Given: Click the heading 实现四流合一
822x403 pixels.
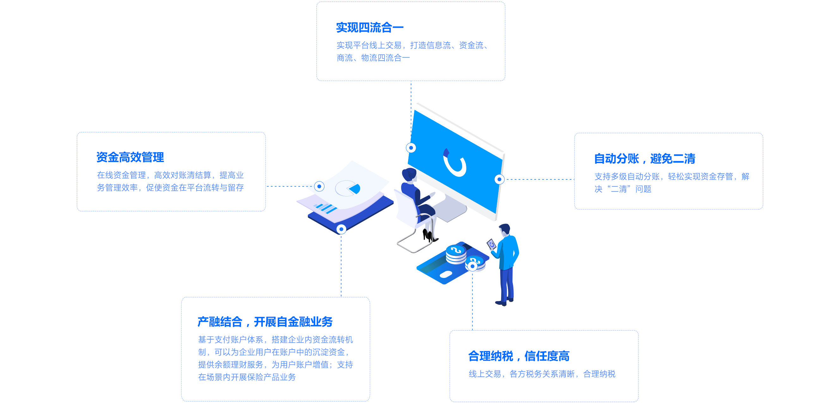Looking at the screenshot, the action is pos(370,28).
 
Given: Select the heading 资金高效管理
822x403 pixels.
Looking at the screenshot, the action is pos(130,157).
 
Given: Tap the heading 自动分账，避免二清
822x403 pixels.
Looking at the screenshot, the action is pos(645,159).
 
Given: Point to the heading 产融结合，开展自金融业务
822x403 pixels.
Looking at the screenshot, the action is pos(265,322).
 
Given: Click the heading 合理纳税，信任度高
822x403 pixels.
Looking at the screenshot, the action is pos(519,356).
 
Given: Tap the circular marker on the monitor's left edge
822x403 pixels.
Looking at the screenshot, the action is pos(411,147).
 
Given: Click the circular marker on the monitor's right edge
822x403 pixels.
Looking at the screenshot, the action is pos(500,179).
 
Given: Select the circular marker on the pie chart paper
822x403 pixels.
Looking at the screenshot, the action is pos(319,186).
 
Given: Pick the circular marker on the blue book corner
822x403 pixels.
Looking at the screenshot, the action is pos(341,229).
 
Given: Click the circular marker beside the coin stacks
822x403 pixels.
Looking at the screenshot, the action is pos(472,266).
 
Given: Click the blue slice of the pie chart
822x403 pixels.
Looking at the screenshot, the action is pos(355,189).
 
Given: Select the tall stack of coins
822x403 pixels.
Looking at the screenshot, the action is pos(456,255).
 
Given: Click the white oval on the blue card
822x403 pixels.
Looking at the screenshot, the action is pos(446,274).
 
